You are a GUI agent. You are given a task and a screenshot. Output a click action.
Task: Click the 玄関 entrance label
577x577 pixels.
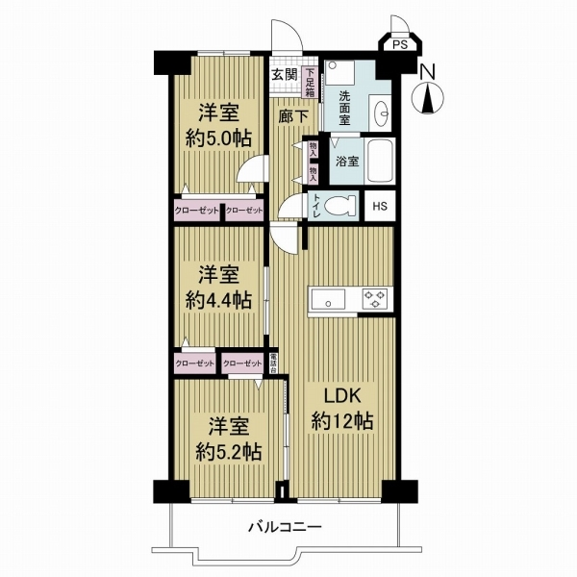click(x=282, y=75)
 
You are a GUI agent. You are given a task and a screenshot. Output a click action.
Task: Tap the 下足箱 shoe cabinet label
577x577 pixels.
click(x=310, y=77)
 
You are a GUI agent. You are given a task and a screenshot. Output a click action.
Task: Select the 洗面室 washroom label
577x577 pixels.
click(x=345, y=108)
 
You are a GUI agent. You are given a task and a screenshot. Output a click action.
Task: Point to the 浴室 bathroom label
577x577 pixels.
click(x=347, y=163)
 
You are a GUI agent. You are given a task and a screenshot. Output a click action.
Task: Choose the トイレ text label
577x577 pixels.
click(x=316, y=206)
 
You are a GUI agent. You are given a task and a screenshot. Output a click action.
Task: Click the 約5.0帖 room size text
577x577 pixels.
click(x=218, y=137)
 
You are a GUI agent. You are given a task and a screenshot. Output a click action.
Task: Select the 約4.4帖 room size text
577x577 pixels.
click(x=218, y=300)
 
